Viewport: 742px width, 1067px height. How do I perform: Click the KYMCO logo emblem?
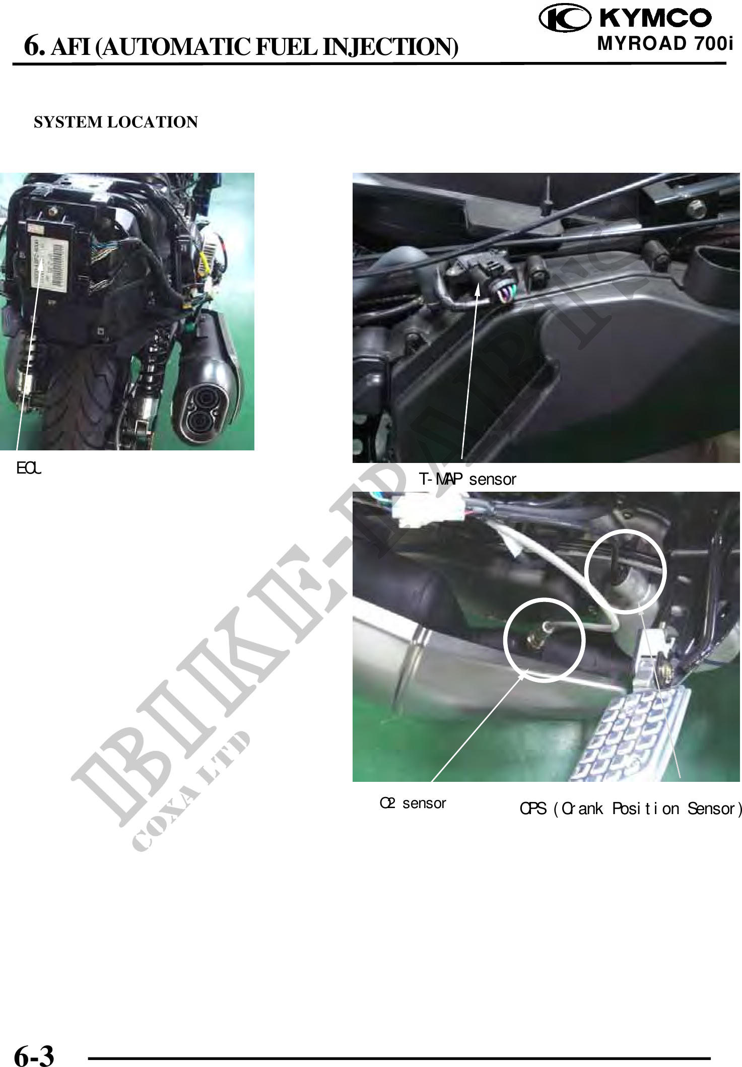tap(564, 19)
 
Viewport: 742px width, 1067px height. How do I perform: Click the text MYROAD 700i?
tap(664, 44)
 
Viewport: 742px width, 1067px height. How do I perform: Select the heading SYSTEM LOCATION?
tap(116, 122)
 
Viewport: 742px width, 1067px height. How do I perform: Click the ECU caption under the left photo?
tap(29, 469)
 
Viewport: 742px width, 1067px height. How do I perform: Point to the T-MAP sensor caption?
tap(468, 479)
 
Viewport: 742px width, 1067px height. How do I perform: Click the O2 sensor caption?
tap(413, 803)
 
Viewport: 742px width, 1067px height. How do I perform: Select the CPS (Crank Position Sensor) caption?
tap(631, 809)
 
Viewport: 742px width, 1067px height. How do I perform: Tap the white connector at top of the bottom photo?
tap(428, 509)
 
